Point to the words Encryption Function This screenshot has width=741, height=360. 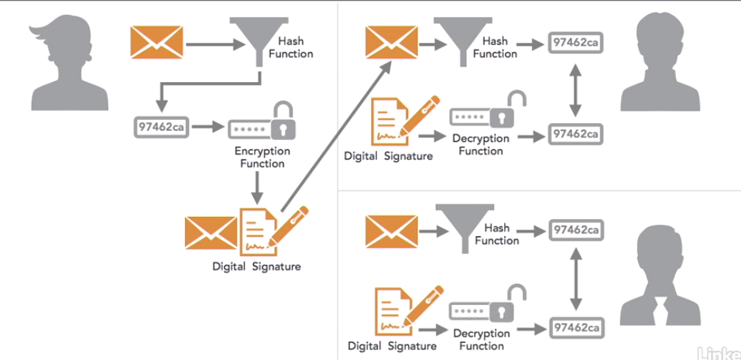(262, 157)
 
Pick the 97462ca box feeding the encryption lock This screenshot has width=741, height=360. (160, 125)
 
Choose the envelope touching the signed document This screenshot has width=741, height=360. (210, 233)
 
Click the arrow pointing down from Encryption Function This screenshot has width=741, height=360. (256, 186)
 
